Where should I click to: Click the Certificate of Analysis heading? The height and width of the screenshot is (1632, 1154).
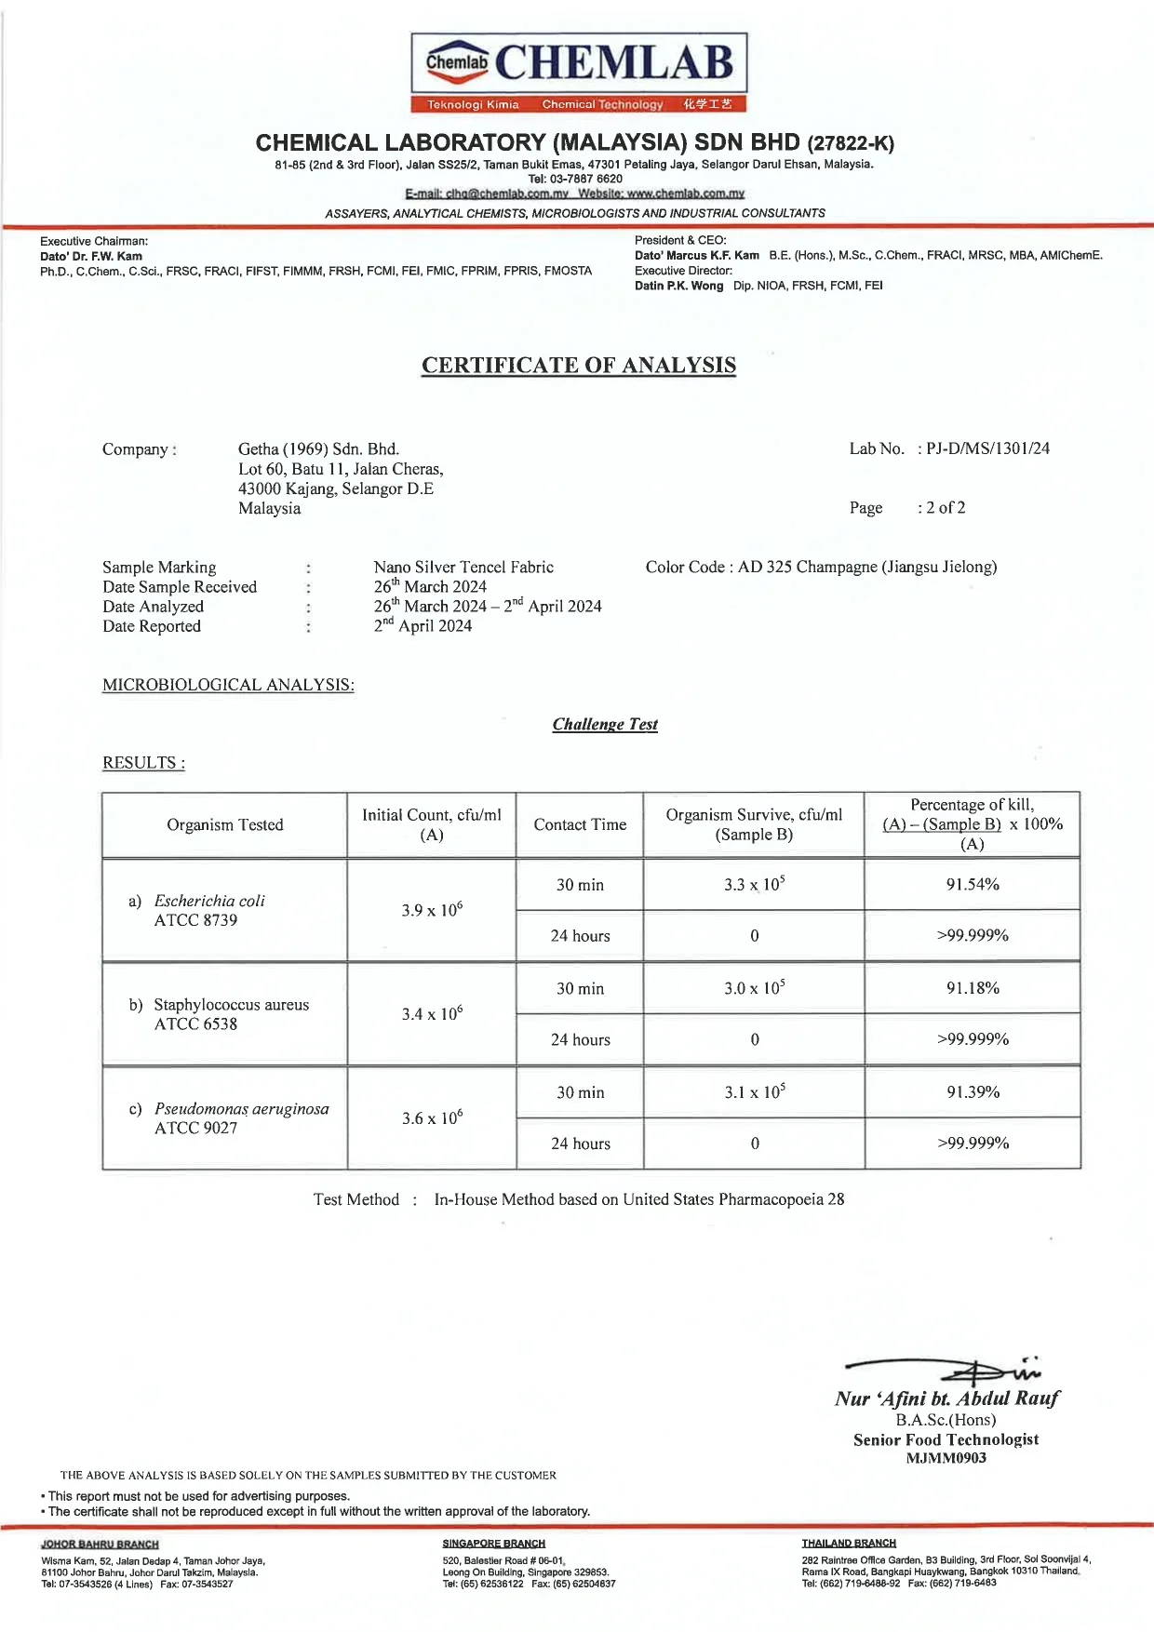[x=578, y=366]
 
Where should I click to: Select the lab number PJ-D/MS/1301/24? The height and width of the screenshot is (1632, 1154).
[x=987, y=448]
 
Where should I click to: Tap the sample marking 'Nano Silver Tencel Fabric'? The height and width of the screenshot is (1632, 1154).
[x=463, y=568]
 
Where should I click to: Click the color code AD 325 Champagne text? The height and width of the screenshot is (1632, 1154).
[x=821, y=568]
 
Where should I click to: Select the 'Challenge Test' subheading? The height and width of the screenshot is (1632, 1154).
[x=605, y=725]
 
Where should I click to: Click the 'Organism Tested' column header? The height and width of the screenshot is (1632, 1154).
[x=224, y=825]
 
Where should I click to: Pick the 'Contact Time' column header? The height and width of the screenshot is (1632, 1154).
[x=580, y=825]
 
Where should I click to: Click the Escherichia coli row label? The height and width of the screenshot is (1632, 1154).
[x=208, y=902]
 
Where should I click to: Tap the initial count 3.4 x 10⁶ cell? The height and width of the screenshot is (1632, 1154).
[x=432, y=1013]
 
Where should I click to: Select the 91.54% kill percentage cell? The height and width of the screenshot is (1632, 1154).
[x=973, y=885]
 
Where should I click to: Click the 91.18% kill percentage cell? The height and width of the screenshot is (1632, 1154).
[x=973, y=989]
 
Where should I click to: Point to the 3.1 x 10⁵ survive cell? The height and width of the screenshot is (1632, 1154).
[x=754, y=1092]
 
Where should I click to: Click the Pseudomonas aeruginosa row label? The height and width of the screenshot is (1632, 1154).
[x=241, y=1109]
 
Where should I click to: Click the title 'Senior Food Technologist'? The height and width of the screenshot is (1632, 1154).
[x=946, y=1440]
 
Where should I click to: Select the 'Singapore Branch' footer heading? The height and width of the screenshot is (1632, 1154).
[x=493, y=1544]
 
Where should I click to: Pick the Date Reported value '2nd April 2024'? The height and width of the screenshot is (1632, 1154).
[x=423, y=626]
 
